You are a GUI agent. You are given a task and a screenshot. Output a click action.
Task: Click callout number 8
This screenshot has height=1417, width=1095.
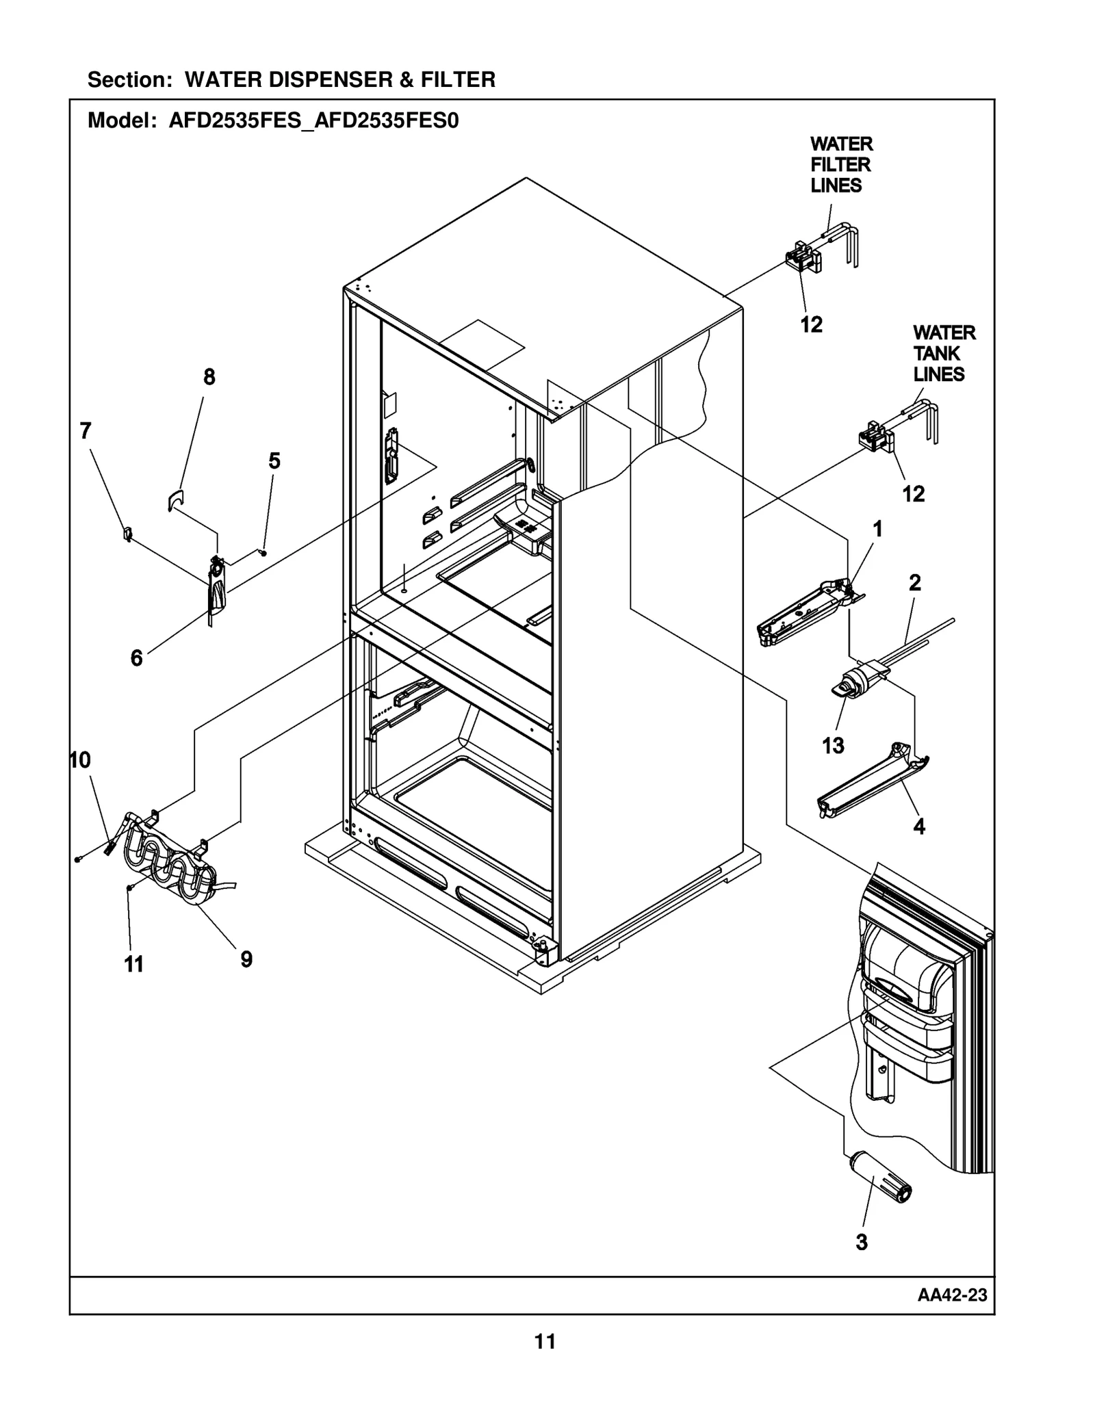tap(209, 377)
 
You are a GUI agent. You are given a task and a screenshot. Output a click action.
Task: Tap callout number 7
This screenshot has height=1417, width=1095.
tap(86, 431)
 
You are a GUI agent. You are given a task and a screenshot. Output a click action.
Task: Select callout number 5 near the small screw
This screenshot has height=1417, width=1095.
tap(274, 461)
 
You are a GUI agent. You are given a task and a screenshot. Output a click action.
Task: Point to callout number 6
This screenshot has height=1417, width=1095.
tap(137, 658)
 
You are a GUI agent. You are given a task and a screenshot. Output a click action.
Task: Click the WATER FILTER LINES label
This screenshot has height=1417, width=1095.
tap(840, 165)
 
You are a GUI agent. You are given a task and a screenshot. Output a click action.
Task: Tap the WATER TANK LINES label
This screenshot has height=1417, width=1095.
tap(943, 354)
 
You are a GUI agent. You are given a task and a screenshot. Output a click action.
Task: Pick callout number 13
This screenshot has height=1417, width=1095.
tap(833, 745)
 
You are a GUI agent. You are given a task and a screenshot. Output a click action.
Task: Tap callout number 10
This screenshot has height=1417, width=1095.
tap(81, 760)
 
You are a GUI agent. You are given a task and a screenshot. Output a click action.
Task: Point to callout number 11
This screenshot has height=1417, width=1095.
tap(134, 964)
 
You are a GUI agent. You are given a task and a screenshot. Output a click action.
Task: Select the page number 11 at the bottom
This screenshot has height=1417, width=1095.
tap(545, 1361)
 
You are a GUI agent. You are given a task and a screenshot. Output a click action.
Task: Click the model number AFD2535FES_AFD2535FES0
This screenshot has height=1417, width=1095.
tap(313, 121)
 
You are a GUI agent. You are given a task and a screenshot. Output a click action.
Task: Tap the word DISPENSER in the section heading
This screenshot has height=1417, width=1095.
tap(330, 80)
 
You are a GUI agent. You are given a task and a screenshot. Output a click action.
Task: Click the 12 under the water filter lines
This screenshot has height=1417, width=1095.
tap(811, 324)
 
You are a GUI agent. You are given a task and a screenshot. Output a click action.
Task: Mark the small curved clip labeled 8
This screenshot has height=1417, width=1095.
tap(175, 500)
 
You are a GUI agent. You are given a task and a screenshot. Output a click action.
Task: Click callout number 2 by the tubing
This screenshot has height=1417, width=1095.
tap(914, 583)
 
